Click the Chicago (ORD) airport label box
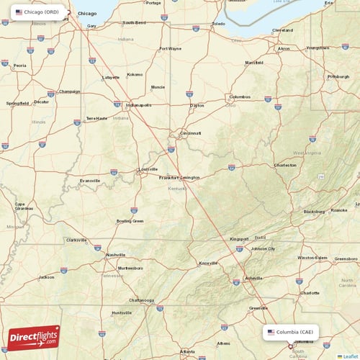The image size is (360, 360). click(x=37, y=12)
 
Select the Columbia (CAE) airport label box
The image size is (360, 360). click(x=291, y=332)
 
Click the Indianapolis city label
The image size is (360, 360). click(x=138, y=105)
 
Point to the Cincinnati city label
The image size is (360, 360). click(x=191, y=133)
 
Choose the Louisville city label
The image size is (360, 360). click(x=148, y=170)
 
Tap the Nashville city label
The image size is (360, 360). click(x=116, y=255)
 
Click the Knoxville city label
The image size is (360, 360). click(x=209, y=263)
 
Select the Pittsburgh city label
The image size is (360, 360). click(x=338, y=76)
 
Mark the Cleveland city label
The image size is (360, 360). click(x=282, y=30)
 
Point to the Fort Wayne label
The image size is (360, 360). click(x=171, y=49)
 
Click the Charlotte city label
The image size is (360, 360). click(x=310, y=293)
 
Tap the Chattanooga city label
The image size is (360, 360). click(x=142, y=300)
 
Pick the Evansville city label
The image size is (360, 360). click(x=90, y=180)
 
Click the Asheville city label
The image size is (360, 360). click(x=254, y=278)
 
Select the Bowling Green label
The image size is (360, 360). click(x=130, y=221)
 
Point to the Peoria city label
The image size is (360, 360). click(x=19, y=66)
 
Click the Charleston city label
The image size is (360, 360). click(x=285, y=165)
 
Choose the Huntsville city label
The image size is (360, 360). click(x=122, y=313)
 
